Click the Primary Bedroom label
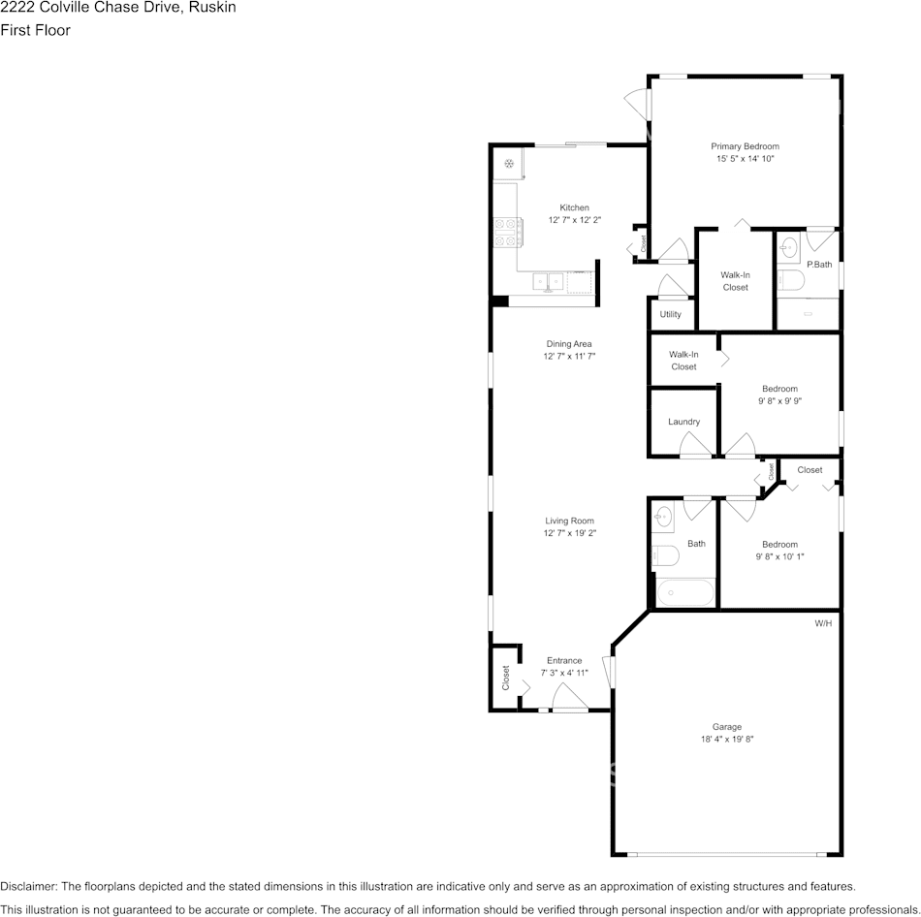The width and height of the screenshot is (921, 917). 745,146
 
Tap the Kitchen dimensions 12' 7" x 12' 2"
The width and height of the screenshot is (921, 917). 575,220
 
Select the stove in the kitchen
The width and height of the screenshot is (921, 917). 507,232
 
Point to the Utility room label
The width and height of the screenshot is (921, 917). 670,314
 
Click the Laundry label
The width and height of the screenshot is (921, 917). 683,422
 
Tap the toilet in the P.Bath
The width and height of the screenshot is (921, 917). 790,281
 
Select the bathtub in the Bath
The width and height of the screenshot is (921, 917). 685,592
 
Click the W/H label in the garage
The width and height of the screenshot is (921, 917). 823,623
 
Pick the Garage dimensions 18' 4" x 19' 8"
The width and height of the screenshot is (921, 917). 726,739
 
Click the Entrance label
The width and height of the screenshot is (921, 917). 564,660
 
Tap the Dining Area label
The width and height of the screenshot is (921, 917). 569,344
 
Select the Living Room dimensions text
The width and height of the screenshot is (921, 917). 570,533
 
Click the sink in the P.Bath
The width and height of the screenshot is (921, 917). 789,248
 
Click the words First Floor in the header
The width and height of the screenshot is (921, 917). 35,30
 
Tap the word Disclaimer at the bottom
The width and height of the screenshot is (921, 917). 28,886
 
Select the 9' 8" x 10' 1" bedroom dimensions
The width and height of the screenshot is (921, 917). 779,556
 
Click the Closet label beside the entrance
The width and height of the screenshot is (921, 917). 506,678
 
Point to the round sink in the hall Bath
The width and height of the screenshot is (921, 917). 664,518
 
